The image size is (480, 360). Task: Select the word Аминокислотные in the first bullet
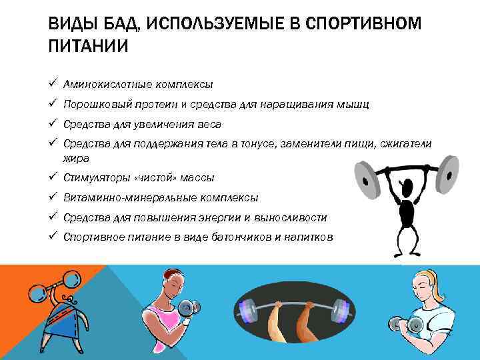point(103,85)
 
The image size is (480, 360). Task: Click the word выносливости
point(295,218)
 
